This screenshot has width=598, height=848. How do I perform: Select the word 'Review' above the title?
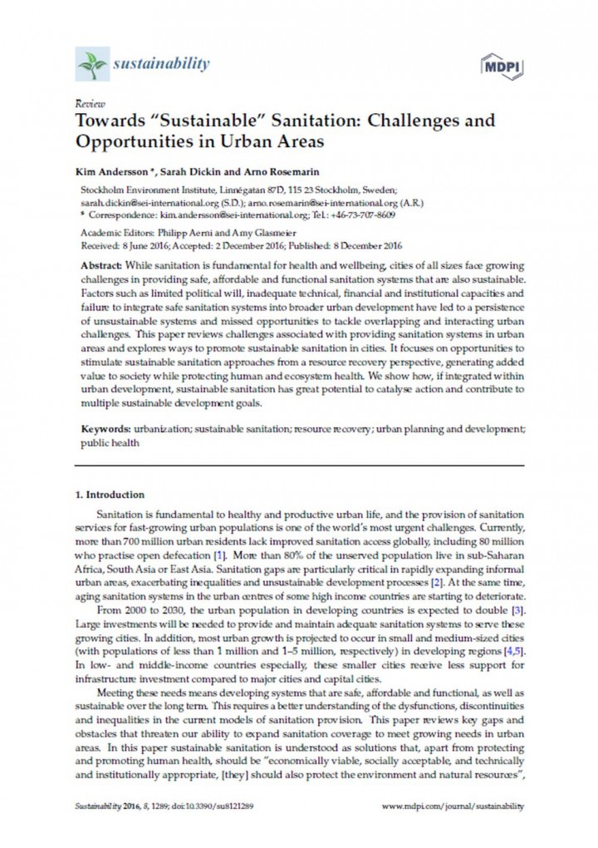(84, 106)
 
